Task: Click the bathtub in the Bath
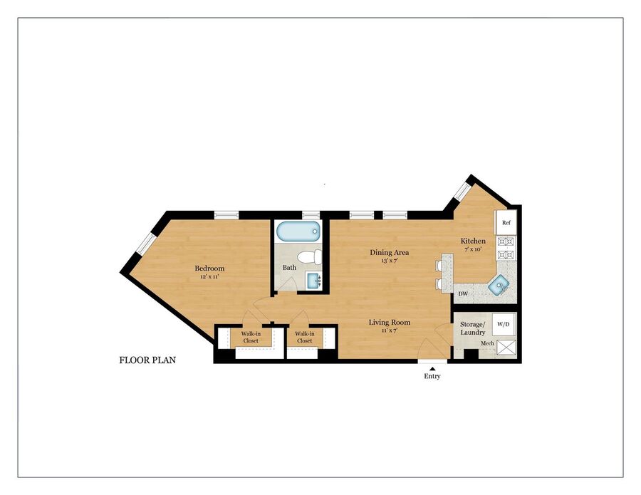[297, 231]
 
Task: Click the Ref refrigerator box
[506, 223]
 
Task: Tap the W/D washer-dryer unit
[504, 324]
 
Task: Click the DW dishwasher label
[463, 294]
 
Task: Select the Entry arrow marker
[432, 369]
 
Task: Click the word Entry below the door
[432, 376]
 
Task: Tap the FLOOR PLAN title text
[147, 360]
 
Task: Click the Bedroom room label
[209, 268]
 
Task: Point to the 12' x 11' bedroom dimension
[209, 277]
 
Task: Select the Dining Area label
[389, 252]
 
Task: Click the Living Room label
[389, 323]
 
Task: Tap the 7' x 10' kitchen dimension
[474, 249]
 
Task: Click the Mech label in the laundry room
[487, 343]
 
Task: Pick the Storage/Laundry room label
[473, 328]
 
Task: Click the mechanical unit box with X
[506, 348]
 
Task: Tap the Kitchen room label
[473, 241]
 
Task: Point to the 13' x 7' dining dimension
[389, 261]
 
